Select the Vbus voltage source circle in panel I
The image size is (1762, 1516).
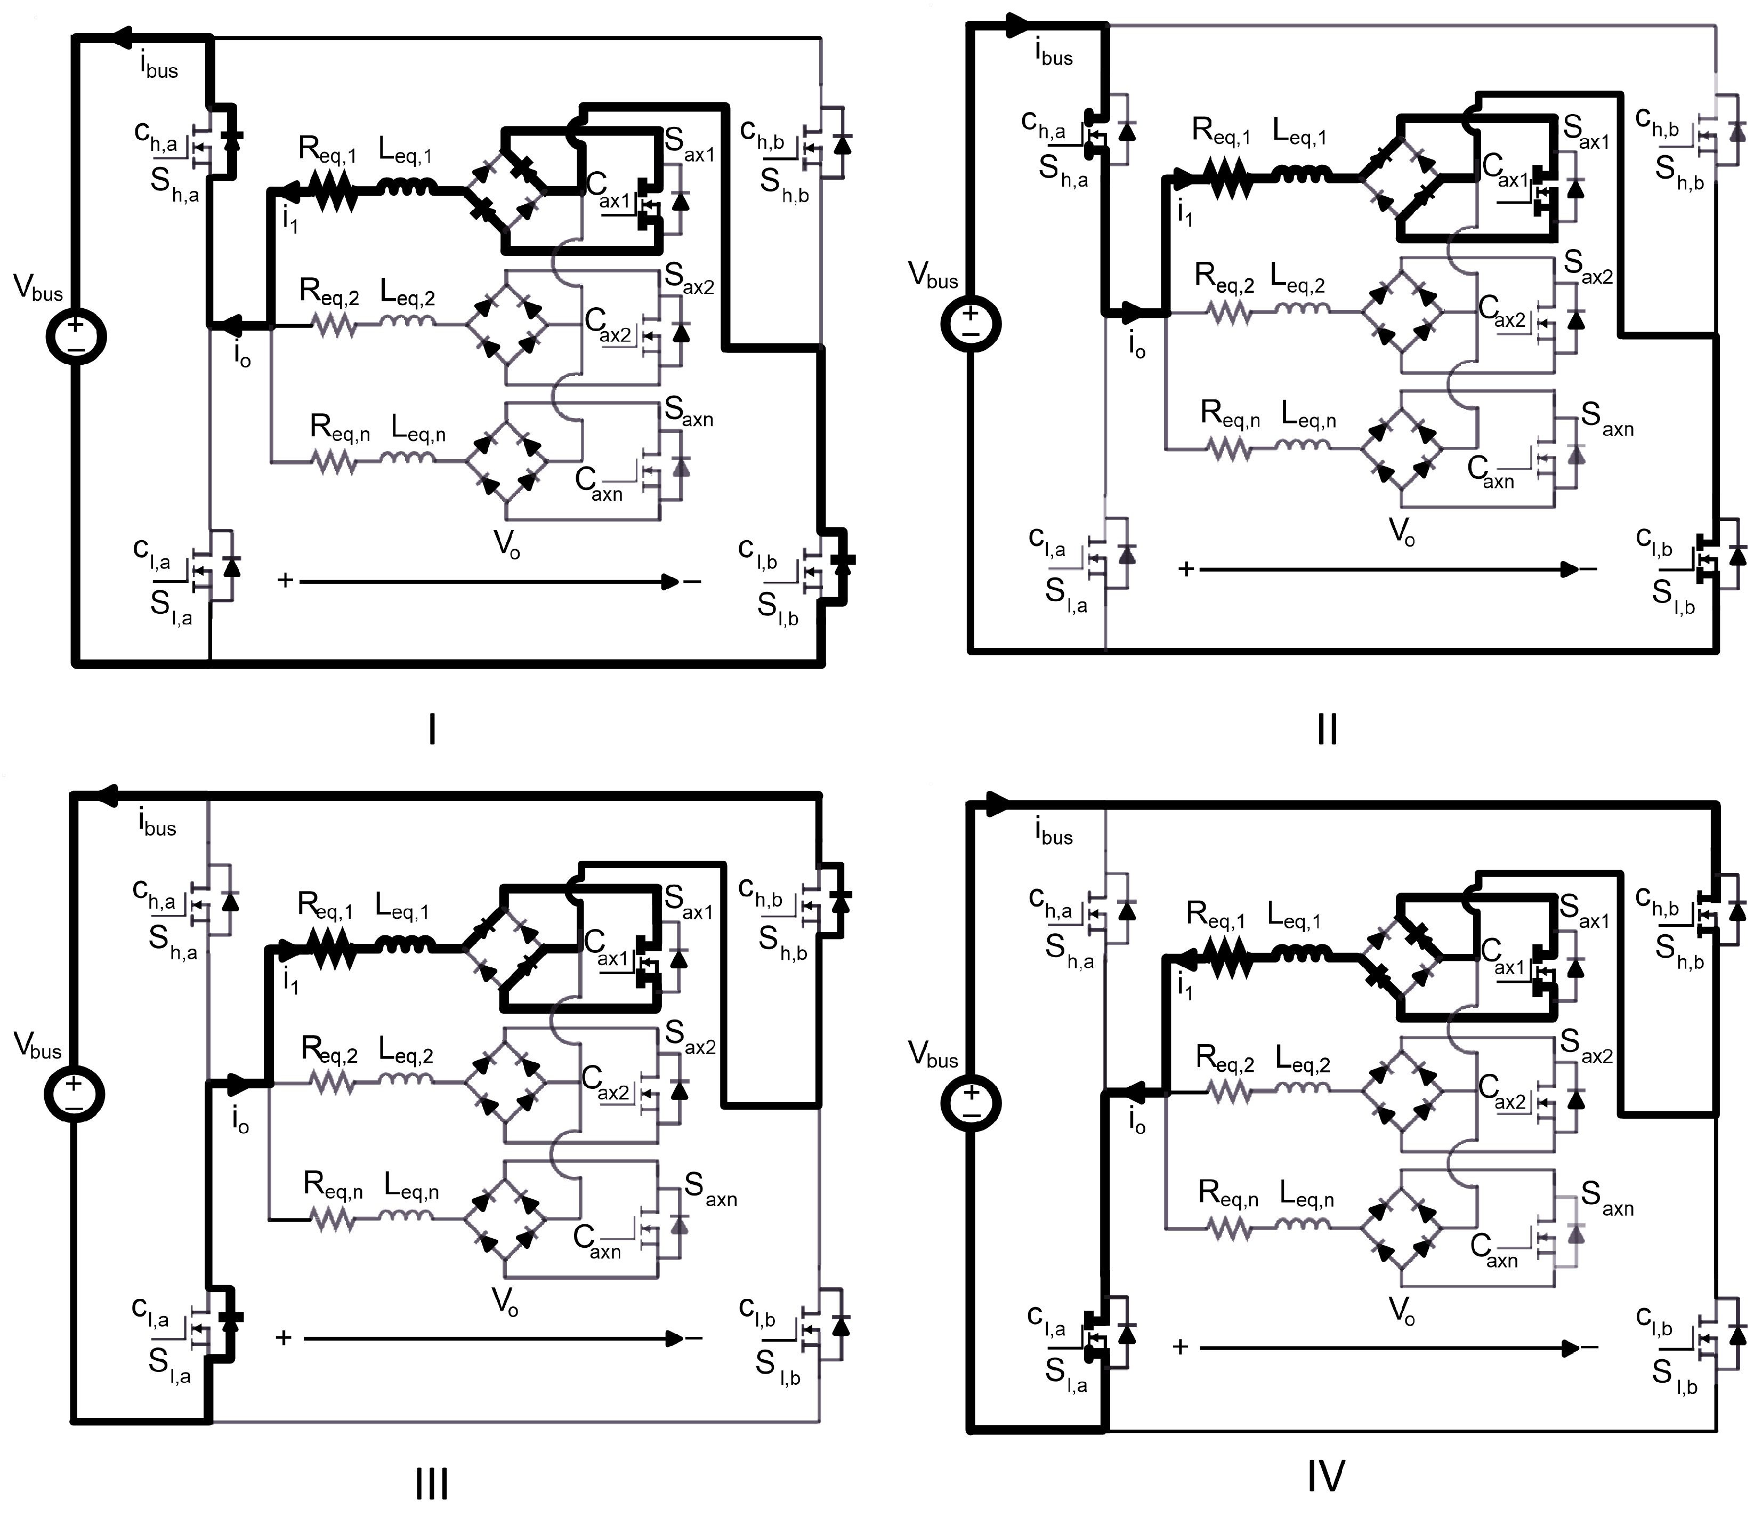point(76,336)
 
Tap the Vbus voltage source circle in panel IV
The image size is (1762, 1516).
point(971,1103)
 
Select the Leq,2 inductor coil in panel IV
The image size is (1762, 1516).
point(1302,1092)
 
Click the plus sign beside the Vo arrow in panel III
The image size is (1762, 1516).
point(284,1338)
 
